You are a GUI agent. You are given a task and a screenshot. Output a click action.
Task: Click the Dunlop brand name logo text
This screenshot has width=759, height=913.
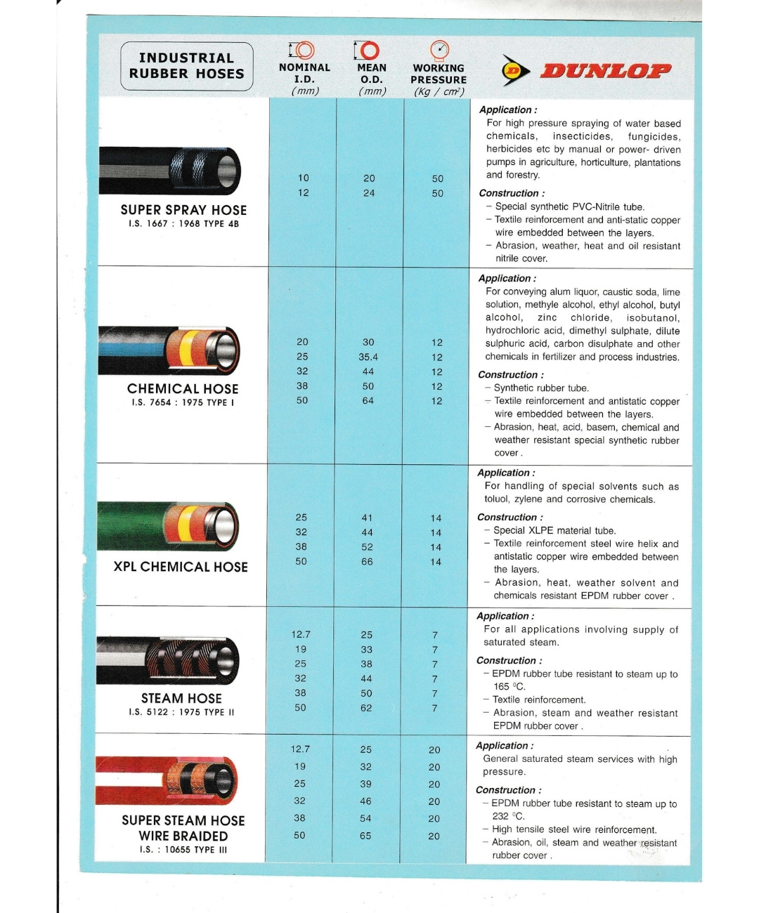605,70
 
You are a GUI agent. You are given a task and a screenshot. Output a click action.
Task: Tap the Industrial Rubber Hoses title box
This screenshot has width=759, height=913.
186,66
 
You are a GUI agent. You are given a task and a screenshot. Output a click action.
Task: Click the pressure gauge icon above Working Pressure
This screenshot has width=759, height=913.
439,50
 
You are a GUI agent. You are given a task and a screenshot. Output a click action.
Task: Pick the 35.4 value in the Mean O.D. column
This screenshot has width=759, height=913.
368,357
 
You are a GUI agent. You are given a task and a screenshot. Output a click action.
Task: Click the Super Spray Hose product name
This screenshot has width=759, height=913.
183,210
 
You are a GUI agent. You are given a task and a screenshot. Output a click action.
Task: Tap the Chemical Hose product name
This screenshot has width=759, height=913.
183,388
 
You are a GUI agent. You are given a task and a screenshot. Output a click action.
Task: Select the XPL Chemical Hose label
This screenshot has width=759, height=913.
181,567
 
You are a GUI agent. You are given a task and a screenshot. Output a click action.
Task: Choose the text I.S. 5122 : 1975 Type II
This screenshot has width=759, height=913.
181,712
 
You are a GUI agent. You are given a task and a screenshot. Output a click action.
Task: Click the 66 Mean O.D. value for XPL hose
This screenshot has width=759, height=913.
367,562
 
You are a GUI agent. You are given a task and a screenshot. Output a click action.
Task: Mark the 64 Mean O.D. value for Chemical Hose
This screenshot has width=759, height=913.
368,401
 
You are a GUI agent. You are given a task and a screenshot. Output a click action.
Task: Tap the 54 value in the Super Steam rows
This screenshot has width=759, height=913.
365,818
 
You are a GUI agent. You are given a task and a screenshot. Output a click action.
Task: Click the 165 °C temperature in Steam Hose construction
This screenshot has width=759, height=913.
509,687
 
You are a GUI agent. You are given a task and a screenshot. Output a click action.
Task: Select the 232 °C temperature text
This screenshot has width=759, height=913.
508,816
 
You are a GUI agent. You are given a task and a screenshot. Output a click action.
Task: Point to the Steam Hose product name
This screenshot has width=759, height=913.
181,698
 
